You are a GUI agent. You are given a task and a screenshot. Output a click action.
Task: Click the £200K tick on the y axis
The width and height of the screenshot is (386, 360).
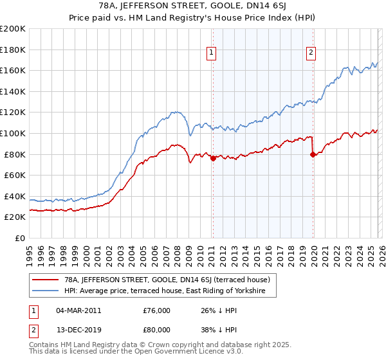click(13, 29)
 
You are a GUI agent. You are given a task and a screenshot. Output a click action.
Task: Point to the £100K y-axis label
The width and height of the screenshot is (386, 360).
click(13, 133)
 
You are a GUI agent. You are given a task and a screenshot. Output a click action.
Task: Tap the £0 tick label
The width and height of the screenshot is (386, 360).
click(19, 238)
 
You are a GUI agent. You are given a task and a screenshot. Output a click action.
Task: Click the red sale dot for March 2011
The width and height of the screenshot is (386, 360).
click(212, 158)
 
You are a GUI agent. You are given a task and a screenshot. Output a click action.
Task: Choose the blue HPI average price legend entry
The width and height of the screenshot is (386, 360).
click(169, 291)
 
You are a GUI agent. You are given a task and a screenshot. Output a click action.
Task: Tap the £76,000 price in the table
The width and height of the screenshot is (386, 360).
click(156, 310)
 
